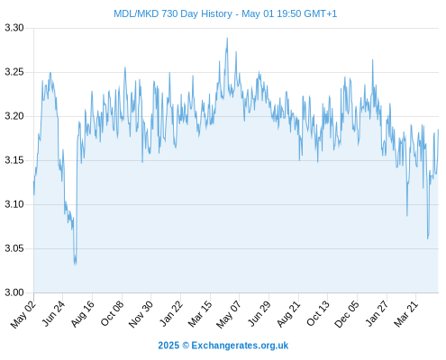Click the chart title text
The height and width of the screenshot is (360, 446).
pos(225,13)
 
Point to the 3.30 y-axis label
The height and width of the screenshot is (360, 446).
pos(14,28)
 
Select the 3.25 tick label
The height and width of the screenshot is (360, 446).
pos(14,72)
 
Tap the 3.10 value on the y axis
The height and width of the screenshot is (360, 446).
pos(14,204)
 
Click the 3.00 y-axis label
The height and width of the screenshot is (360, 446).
pos(14,292)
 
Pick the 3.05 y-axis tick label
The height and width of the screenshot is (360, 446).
pos(14,248)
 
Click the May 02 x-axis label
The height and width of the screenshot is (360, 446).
pos(23,314)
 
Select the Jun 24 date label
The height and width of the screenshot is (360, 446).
pos(53,314)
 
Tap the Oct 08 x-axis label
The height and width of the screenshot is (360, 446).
pos(112,314)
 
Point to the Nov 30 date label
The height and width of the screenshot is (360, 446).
pos(141,314)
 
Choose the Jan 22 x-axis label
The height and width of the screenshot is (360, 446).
pos(170,314)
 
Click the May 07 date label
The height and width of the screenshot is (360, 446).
pos(228,314)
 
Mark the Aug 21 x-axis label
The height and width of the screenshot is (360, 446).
pos(288,314)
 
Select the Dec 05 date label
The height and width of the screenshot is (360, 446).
pos(346,314)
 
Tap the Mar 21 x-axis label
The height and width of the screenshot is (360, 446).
pos(405,314)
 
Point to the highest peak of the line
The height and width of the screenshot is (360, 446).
pos(227,38)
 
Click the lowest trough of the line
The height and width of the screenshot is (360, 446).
pos(75,265)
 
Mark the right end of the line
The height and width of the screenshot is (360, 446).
pos(439,130)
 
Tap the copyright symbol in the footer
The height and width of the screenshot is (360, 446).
pos(186,346)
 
